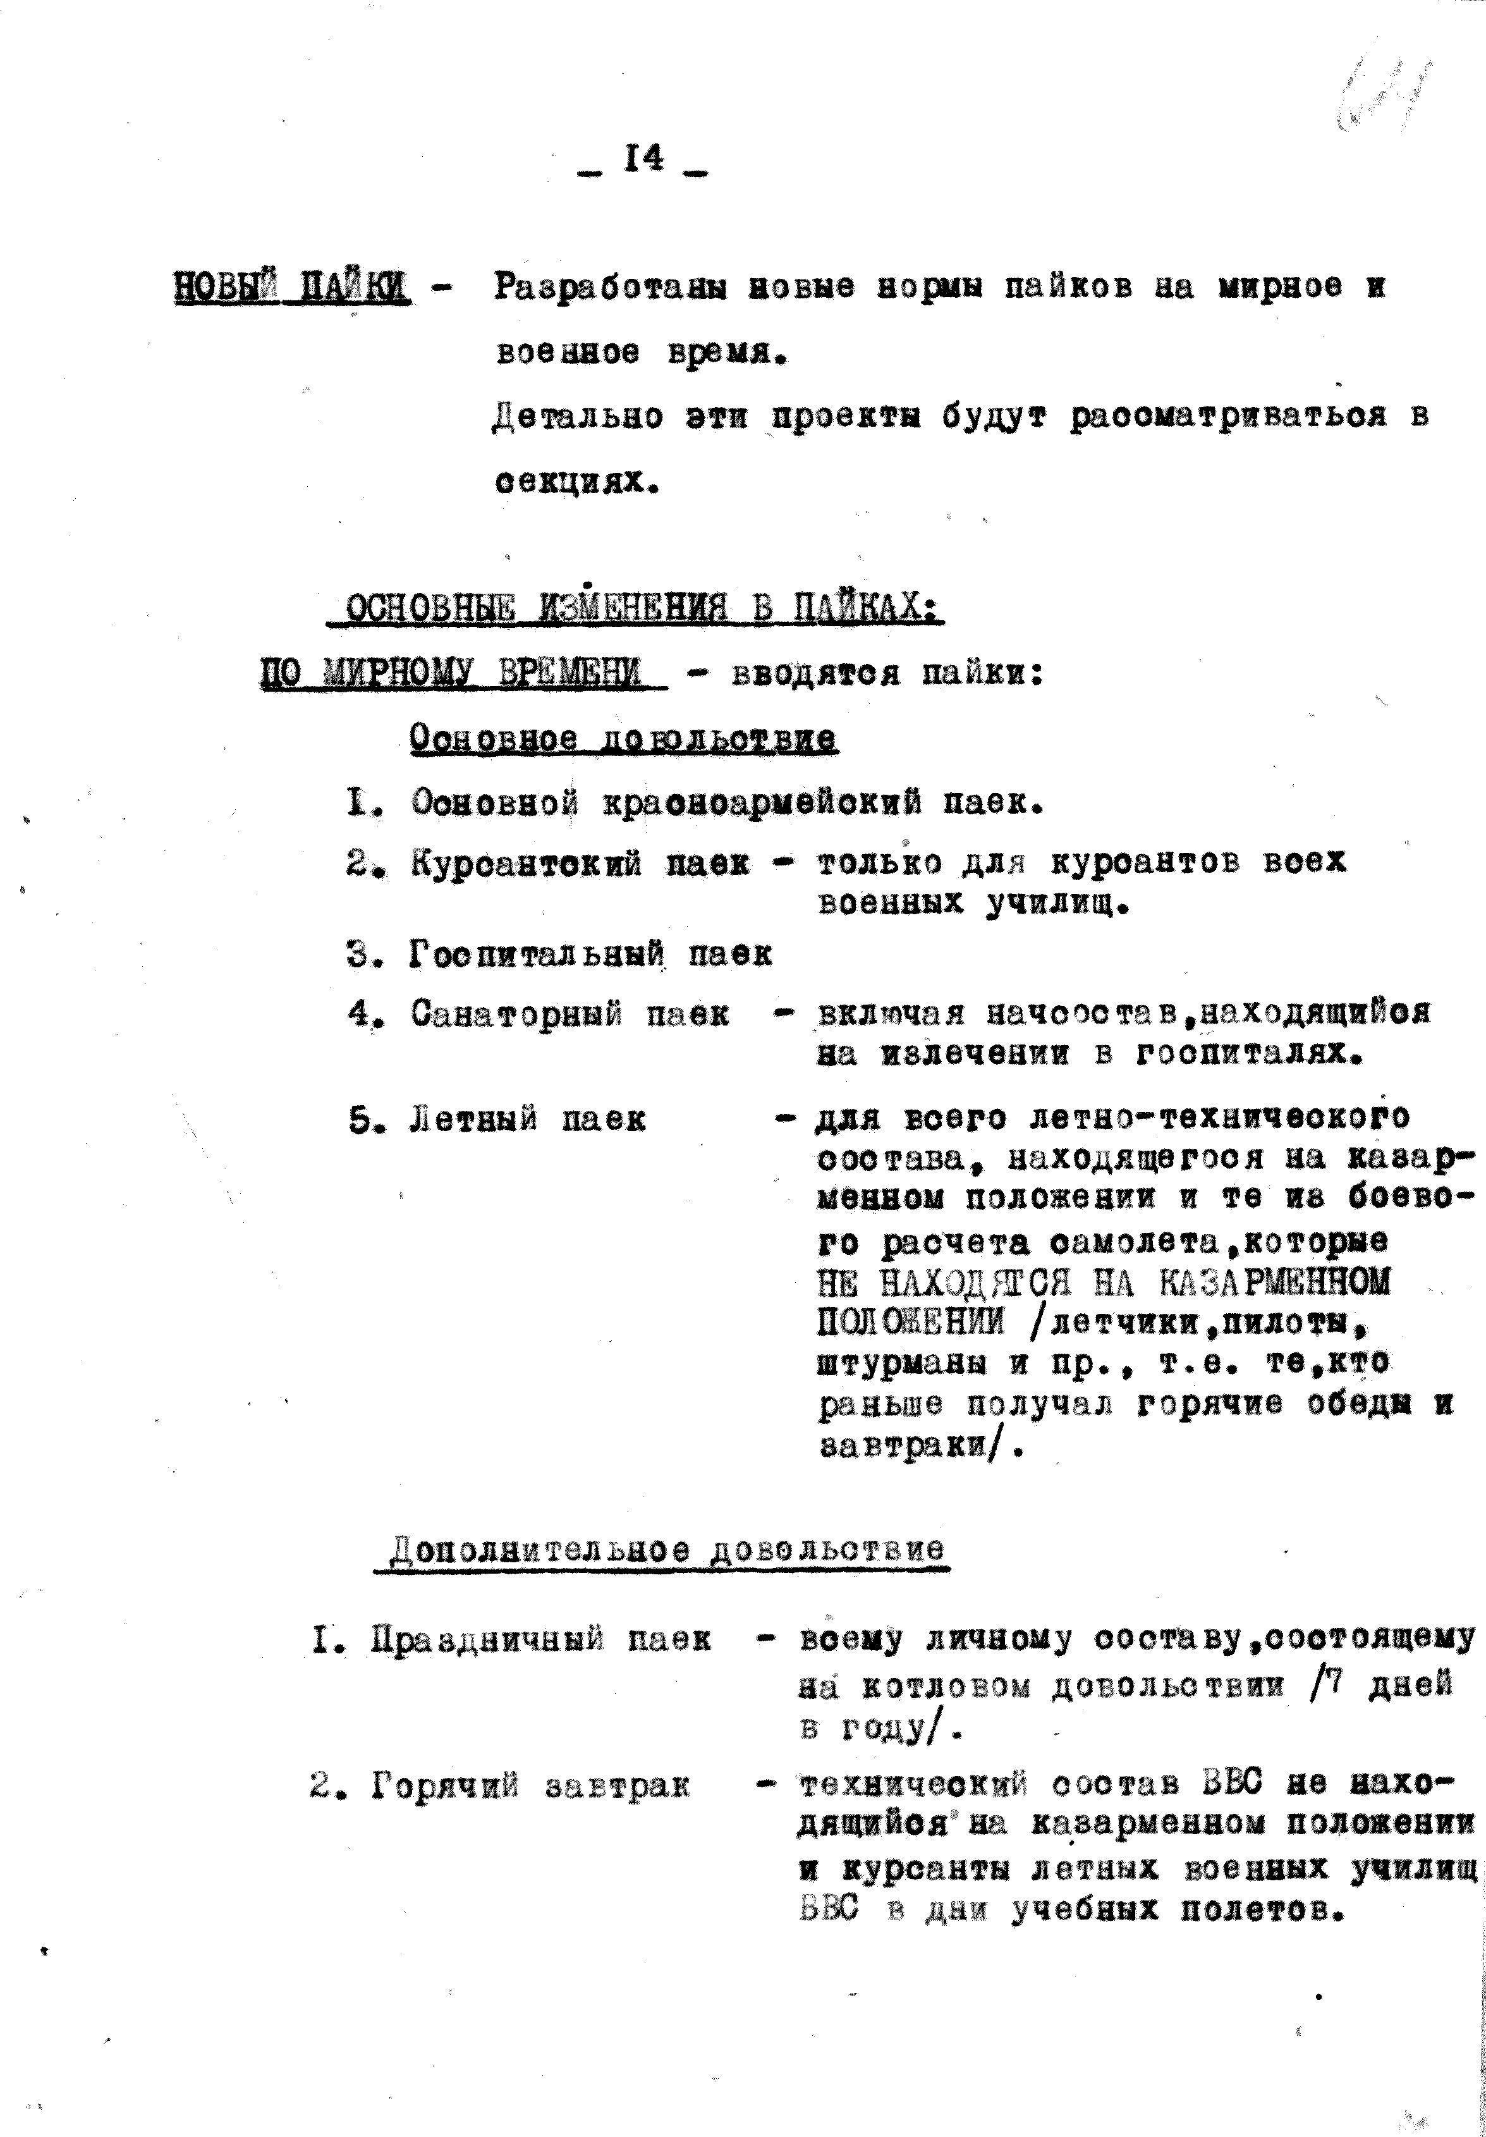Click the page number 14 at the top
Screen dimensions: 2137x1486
coord(644,160)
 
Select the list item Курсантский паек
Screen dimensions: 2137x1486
coord(580,865)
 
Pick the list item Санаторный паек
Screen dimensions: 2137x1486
coord(570,1013)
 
